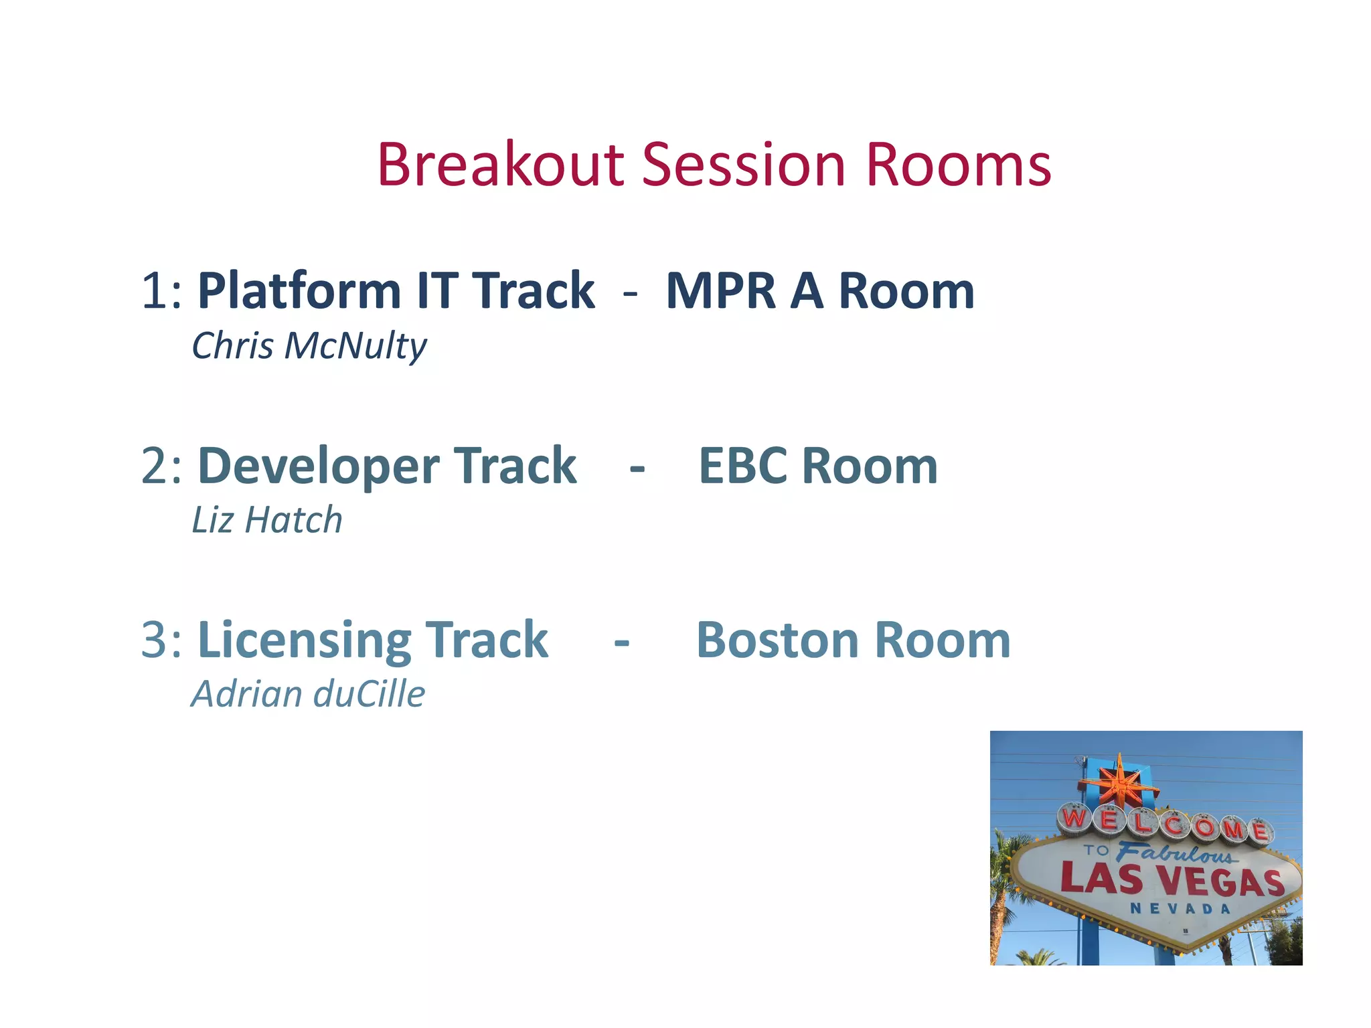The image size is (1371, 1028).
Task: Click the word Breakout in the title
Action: pos(501,165)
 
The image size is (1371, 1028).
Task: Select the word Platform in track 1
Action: pos(299,291)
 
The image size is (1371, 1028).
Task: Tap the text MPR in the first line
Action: pos(721,291)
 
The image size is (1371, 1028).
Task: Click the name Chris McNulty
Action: pos(309,346)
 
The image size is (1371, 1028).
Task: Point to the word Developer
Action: pos(319,466)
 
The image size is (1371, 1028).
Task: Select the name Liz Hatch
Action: pos(267,520)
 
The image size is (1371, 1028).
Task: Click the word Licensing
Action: pos(304,640)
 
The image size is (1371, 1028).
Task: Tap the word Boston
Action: pos(777,640)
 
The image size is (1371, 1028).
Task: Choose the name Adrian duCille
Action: pos(308,694)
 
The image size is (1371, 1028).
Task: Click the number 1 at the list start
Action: pos(153,291)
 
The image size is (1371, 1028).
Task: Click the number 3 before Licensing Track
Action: pos(153,640)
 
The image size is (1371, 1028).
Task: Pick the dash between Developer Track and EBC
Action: pos(637,467)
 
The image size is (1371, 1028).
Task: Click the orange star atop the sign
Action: pos(1119,783)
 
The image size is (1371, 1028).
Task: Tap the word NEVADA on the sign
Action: pos(1180,908)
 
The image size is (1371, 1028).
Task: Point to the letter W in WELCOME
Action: pos(1075,818)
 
